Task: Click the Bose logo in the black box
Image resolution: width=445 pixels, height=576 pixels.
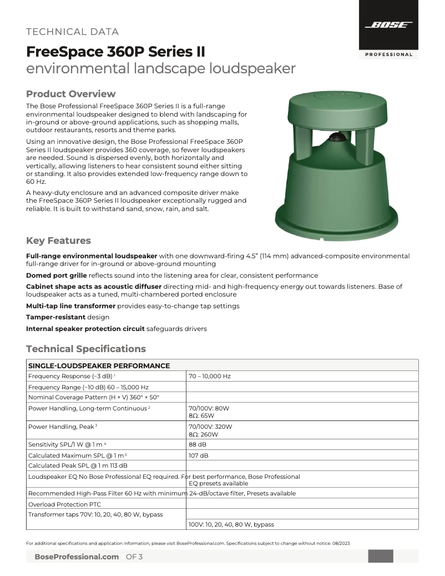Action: point(388,25)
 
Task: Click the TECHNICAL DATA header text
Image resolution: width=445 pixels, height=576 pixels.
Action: point(73,32)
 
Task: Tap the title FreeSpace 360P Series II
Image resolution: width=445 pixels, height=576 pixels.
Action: point(115,52)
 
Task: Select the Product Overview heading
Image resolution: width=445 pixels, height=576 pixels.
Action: point(71,93)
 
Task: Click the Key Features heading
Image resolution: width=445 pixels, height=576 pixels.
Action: point(58,241)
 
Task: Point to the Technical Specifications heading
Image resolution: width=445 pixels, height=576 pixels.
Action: point(86,349)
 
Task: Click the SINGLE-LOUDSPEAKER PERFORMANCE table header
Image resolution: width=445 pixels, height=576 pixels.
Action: point(99,365)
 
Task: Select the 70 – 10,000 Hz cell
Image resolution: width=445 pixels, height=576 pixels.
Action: point(210,376)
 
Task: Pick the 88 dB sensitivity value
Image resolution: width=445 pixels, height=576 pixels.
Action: point(198,444)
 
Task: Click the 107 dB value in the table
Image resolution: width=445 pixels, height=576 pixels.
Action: point(199,455)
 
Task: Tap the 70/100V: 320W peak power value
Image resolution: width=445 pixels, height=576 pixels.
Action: point(210,427)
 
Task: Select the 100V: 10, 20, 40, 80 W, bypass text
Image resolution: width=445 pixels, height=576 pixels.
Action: point(231,524)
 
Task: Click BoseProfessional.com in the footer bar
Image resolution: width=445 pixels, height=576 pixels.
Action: point(77,557)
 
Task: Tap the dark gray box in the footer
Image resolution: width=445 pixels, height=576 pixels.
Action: point(381,556)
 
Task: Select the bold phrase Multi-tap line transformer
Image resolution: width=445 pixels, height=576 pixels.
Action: point(70,306)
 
